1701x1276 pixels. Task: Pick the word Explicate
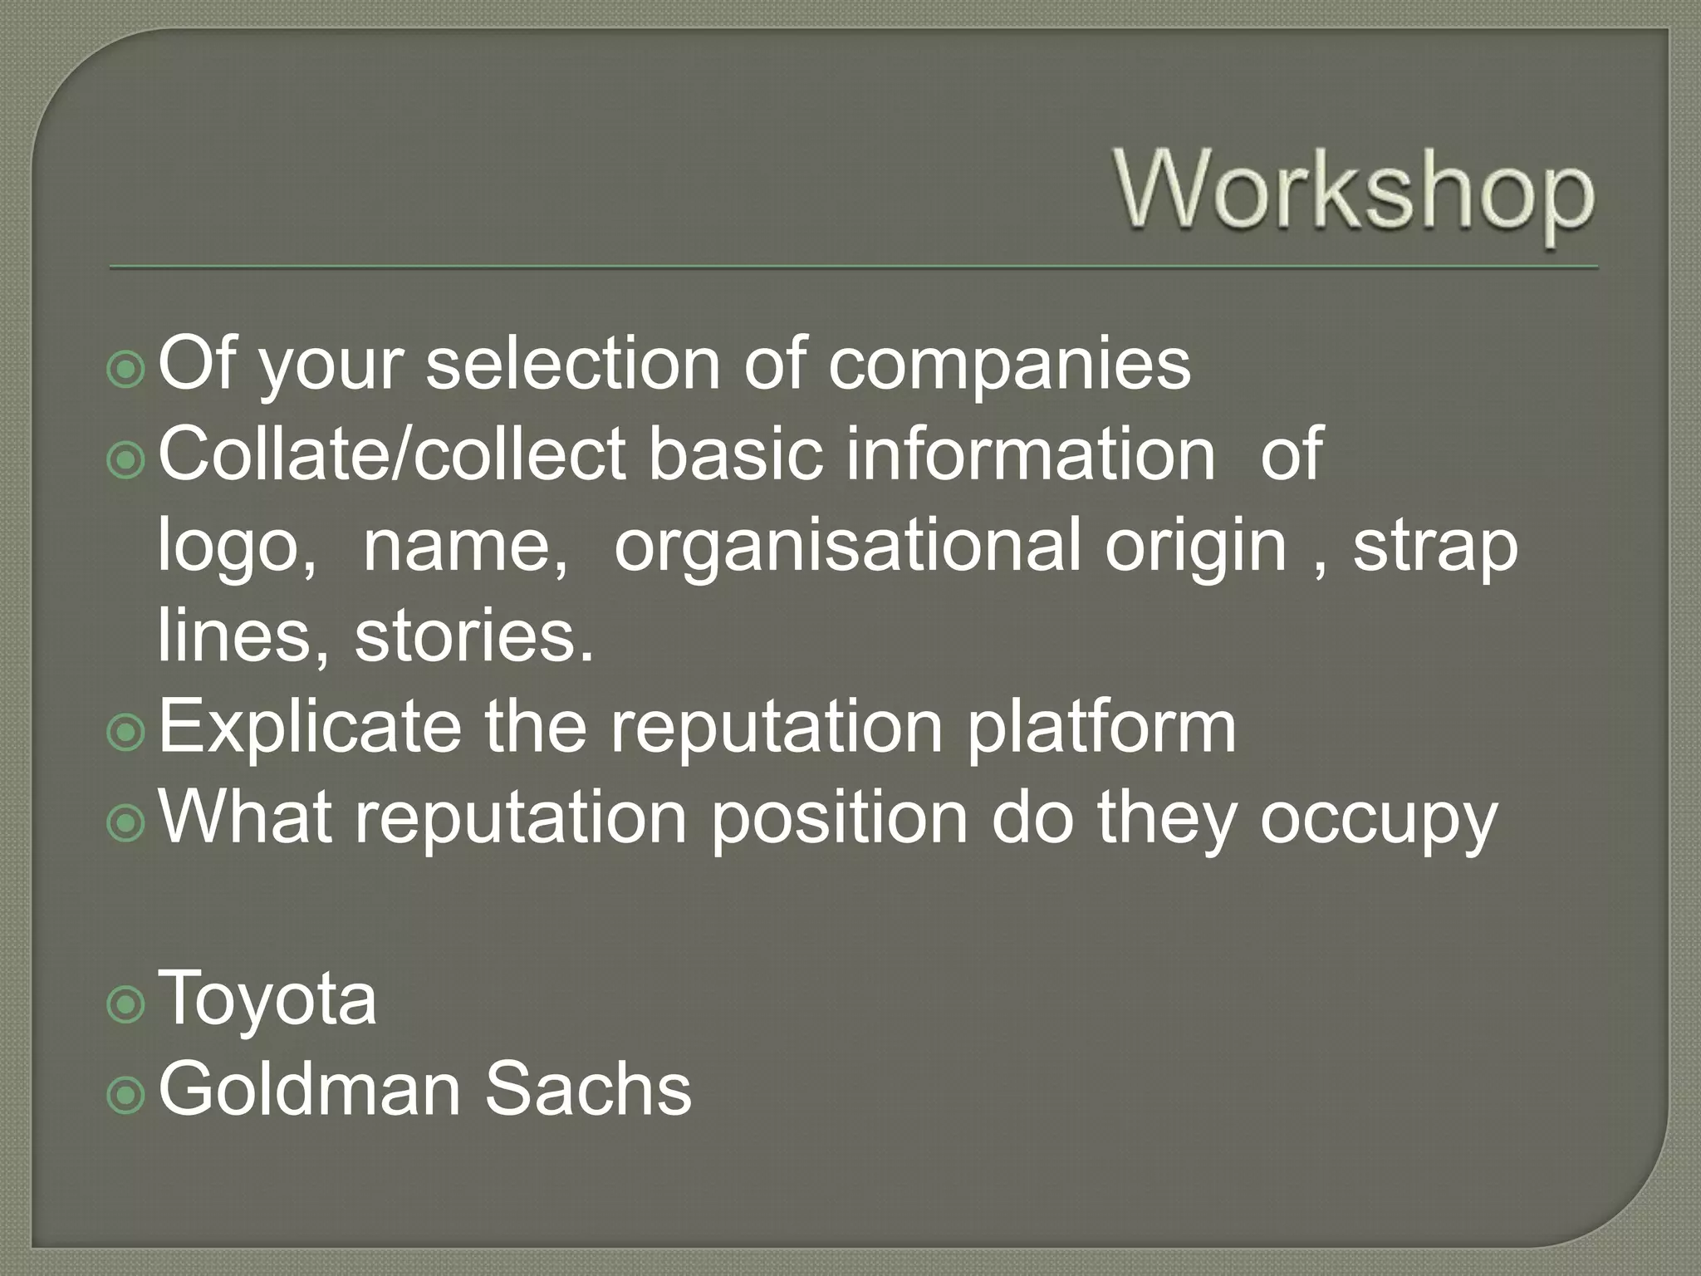coord(310,727)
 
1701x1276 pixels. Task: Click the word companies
coord(1009,366)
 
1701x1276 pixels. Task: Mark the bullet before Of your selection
coord(126,371)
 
